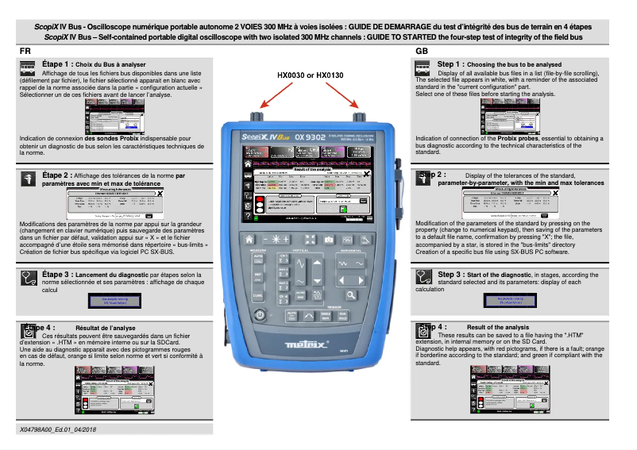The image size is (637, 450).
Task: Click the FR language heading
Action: click(25, 51)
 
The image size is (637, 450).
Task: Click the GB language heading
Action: click(423, 51)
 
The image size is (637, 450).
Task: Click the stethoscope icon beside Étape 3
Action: click(29, 278)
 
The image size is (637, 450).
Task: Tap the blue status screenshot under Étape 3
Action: click(114, 302)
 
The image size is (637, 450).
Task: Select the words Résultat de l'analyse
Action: click(106, 327)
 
